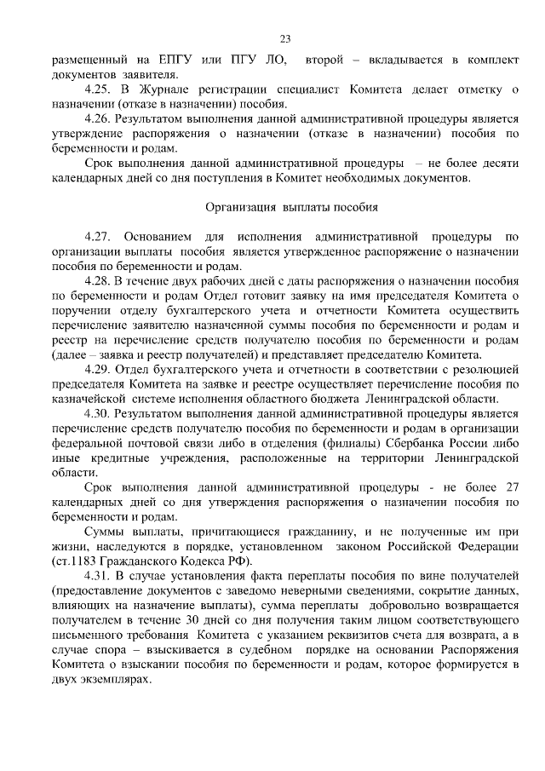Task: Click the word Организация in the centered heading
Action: click(241, 207)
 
